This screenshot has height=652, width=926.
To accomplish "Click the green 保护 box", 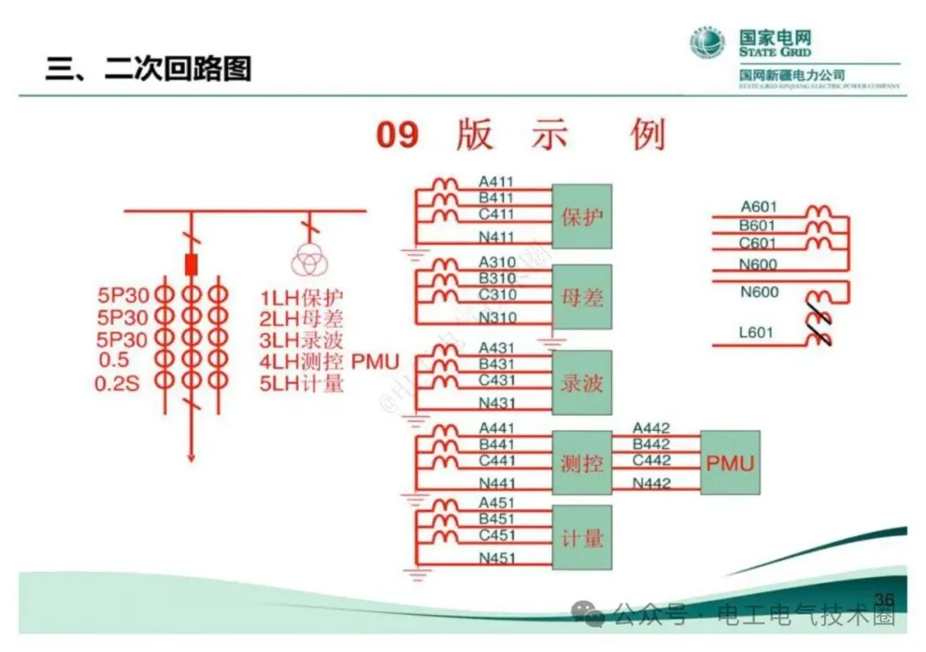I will point(582,216).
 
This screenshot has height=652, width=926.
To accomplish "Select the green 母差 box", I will point(582,297).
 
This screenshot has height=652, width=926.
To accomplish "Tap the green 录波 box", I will point(582,382).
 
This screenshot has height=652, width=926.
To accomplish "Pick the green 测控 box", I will point(582,463).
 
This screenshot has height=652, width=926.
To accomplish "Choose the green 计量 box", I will point(582,538).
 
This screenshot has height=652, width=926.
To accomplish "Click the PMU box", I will point(731,463).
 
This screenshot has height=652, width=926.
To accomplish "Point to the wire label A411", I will point(496,182).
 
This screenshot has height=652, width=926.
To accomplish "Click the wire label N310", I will point(497,318).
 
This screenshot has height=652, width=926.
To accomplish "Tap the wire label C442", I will point(651,461).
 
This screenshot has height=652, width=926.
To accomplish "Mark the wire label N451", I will point(497,559).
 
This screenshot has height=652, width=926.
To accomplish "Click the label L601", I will point(755,332).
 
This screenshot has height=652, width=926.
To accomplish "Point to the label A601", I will point(759,206).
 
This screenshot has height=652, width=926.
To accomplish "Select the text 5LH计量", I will point(302,383).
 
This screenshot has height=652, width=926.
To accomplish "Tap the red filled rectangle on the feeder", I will point(191,264).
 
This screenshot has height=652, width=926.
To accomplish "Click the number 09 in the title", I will point(398,135).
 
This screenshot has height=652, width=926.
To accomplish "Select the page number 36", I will point(883,598).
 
